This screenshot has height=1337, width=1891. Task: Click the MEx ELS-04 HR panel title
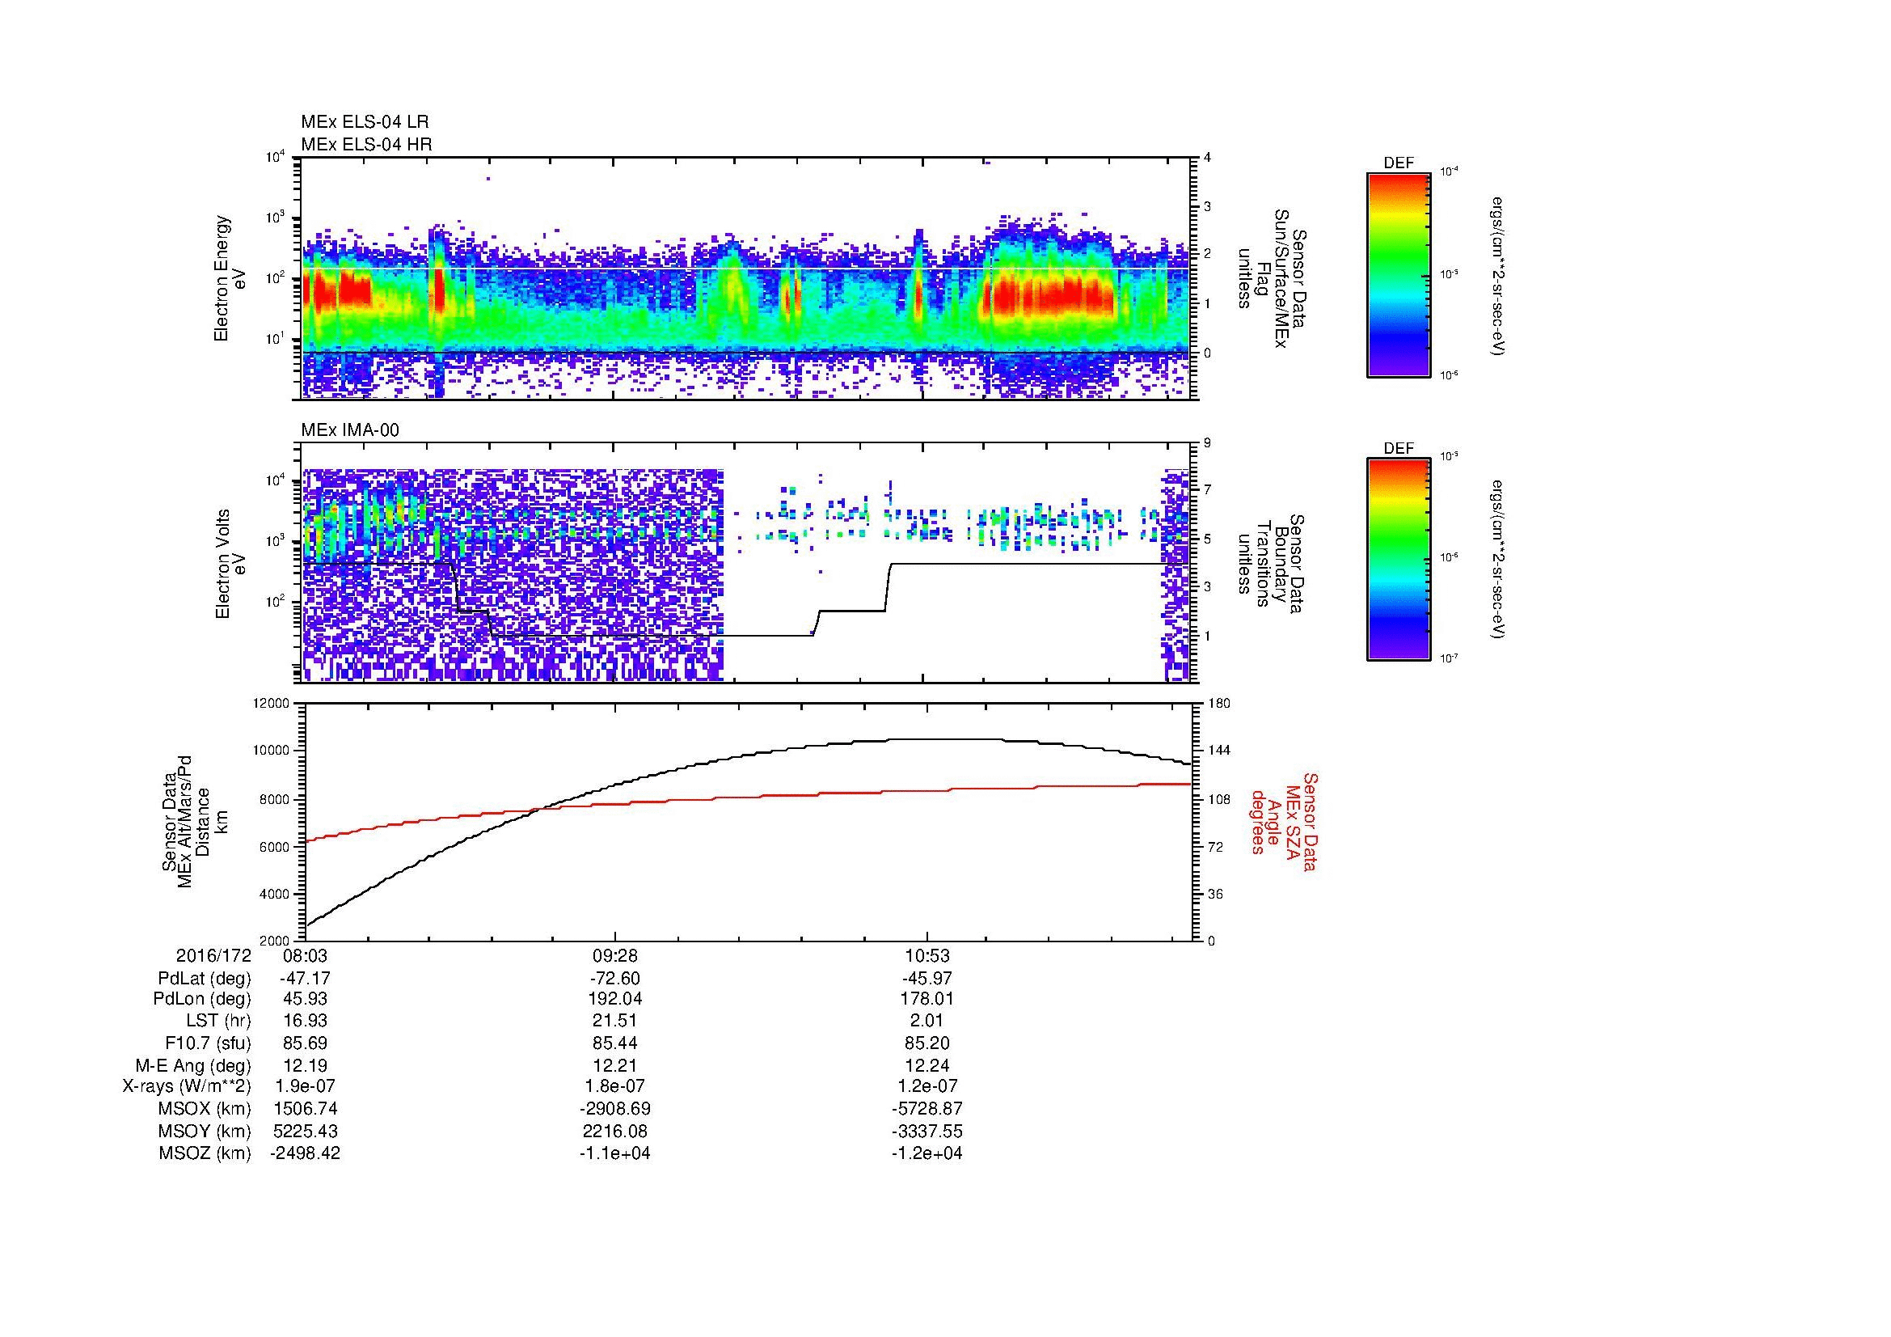click(x=366, y=144)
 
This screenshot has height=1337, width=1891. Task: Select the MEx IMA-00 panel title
click(x=350, y=430)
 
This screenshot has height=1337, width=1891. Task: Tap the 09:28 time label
click(x=614, y=955)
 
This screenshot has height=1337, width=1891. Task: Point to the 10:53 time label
click(x=927, y=955)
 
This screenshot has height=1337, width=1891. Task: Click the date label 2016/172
click(x=213, y=955)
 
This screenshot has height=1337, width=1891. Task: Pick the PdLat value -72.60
click(x=614, y=978)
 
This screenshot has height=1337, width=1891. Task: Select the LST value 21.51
click(x=614, y=1021)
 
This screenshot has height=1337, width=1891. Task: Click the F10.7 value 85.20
click(x=927, y=1043)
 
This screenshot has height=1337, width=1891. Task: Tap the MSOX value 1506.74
click(x=305, y=1109)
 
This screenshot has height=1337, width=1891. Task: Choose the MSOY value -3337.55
click(x=927, y=1131)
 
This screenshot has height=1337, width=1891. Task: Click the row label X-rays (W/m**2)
click(x=186, y=1086)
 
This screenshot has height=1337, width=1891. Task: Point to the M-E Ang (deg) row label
click(x=192, y=1065)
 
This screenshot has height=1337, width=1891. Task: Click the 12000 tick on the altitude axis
click(x=272, y=704)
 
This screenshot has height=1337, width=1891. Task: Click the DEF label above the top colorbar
click(x=1399, y=163)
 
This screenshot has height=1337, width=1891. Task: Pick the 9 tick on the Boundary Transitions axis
click(x=1207, y=443)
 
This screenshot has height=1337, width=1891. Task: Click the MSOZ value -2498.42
click(x=305, y=1153)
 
